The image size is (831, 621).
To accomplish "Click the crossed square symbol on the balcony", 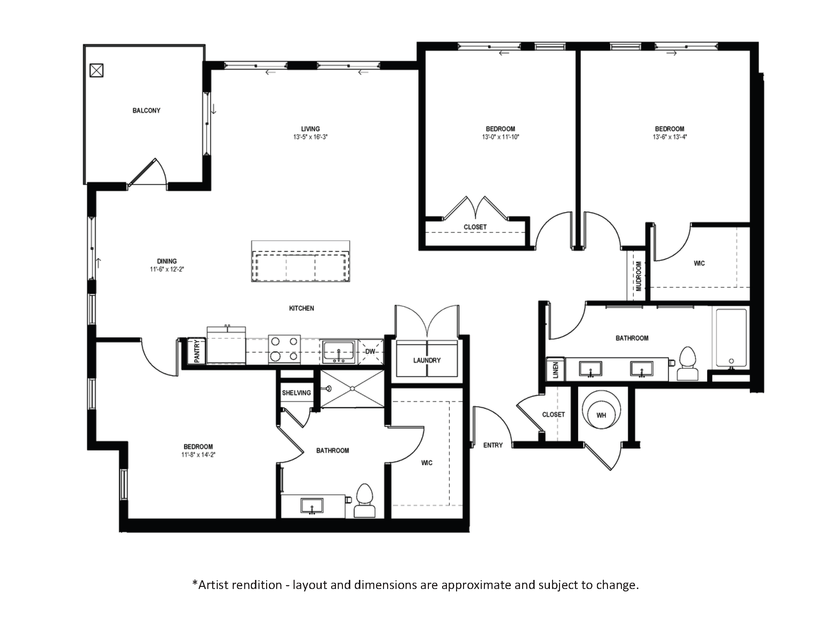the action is point(97,71).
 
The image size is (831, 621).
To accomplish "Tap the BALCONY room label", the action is point(146,110).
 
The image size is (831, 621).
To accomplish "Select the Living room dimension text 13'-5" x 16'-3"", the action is point(310,137).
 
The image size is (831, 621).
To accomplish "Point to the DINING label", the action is point(167,261).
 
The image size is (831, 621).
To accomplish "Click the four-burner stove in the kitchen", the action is point(285,349).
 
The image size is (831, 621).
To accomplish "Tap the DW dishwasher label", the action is point(370,352).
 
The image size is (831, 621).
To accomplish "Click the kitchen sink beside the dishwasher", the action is point(338,352).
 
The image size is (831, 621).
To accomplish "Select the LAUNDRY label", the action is point(427,360).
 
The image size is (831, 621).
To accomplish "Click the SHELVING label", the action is point(296,393).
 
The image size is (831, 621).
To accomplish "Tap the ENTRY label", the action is point(493,445).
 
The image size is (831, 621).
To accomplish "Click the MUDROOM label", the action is point(639,276).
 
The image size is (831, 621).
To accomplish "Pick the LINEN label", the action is point(556,370).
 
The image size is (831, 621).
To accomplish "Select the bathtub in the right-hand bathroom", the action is point(731,337).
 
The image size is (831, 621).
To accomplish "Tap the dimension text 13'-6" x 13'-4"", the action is point(670,137).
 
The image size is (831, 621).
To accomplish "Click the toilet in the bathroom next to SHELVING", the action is point(365,500).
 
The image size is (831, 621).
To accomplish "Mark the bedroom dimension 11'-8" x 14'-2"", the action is point(198,455).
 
